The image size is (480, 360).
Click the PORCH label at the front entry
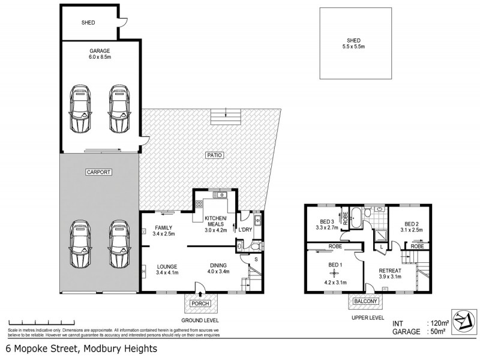[200, 304]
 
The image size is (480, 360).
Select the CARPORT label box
[99, 172]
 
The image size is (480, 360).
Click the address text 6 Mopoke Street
[81, 349]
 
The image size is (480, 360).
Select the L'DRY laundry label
[246, 230]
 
